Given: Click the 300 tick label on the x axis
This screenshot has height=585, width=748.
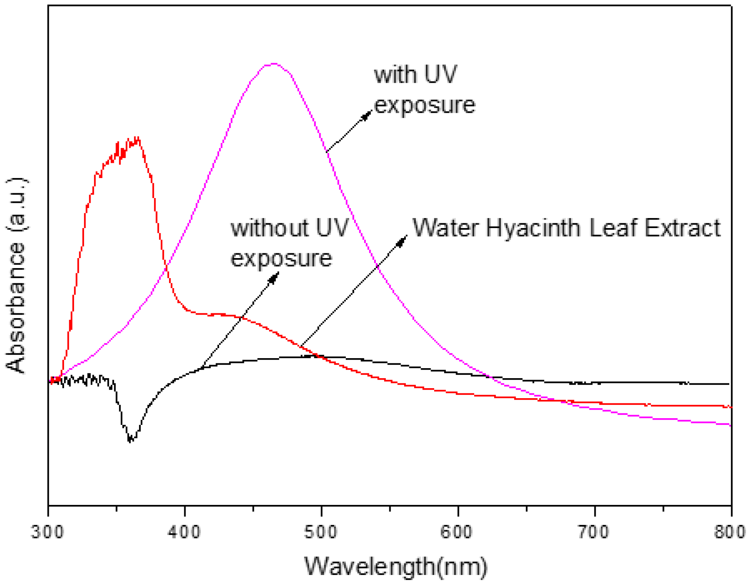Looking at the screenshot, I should (x=48, y=532).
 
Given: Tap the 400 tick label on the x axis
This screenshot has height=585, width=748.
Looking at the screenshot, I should (x=185, y=532).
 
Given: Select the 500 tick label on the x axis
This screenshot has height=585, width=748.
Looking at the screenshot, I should (x=321, y=532).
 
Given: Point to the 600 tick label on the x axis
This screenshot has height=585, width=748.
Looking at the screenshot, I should (x=458, y=532).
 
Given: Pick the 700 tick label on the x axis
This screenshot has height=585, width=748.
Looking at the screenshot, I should (x=595, y=532).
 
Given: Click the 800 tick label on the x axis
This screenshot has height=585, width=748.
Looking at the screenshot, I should (x=730, y=532).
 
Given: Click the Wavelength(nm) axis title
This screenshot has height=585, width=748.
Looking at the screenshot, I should (x=396, y=566).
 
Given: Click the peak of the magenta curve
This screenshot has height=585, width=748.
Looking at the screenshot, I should (x=274, y=64).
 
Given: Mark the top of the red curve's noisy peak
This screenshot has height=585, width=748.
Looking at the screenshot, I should (x=138, y=138).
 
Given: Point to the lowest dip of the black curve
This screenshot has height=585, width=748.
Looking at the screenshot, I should (x=130, y=440).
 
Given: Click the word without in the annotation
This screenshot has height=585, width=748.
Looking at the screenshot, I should (x=270, y=228).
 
